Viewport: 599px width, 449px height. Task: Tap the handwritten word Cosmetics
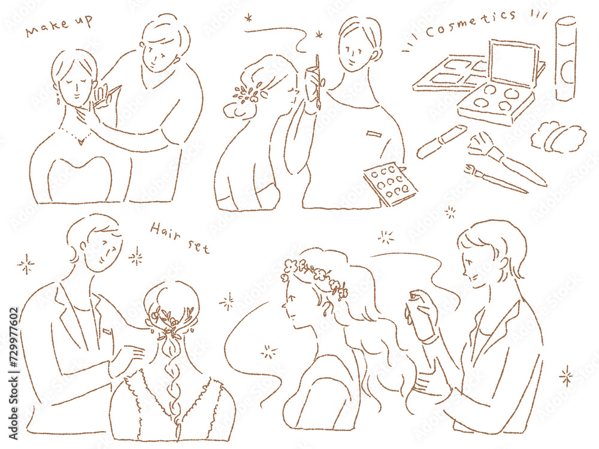pyautogui.click(x=470, y=23)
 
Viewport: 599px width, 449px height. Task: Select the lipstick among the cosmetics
pyautogui.click(x=441, y=141)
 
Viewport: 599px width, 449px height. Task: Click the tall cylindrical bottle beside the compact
pyautogui.click(x=566, y=59)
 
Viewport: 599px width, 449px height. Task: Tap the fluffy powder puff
pyautogui.click(x=558, y=137)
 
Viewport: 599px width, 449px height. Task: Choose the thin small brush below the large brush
pyautogui.click(x=495, y=178)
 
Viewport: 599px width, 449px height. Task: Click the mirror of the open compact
pyautogui.click(x=513, y=63)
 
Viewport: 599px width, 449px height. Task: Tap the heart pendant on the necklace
pyautogui.click(x=81, y=142)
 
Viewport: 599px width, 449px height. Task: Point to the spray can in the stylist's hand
pyautogui.click(x=418, y=315)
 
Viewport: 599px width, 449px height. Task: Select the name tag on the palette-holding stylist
pyautogui.click(x=374, y=134)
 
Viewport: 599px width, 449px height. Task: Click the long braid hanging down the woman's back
pyautogui.click(x=174, y=382)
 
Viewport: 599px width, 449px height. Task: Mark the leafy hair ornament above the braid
pyautogui.click(x=171, y=321)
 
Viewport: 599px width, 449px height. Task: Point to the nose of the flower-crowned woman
pyautogui.click(x=284, y=305)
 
